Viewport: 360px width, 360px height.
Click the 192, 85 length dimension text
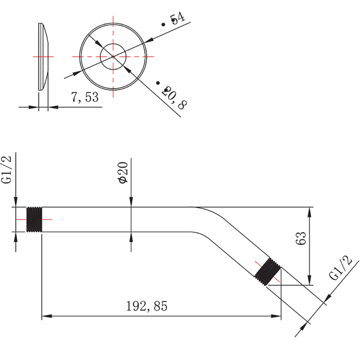pos(147,306)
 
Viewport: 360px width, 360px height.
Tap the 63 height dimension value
pos(301,238)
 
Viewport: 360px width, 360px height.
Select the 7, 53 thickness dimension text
pos(85,97)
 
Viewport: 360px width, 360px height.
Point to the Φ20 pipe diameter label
pos(123,173)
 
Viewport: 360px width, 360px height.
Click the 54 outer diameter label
pos(177,18)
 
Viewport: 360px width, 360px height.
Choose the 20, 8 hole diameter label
pos(174,98)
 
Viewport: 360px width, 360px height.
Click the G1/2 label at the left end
pos(6,170)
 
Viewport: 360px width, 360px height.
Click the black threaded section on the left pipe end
pos(34,219)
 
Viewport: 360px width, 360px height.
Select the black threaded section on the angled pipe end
pos(268,272)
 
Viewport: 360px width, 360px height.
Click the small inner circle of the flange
pos(113,44)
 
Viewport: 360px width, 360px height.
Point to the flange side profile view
pos(43,57)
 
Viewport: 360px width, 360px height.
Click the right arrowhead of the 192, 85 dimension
pos(276,316)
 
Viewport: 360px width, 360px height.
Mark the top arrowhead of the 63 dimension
pos(309,212)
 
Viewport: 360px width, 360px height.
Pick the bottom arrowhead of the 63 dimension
pos(309,280)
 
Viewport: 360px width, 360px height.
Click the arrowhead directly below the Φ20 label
pos(131,202)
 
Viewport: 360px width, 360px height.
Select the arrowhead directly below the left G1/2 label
pos(15,202)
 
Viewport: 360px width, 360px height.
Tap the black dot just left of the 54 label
pos(163,24)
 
